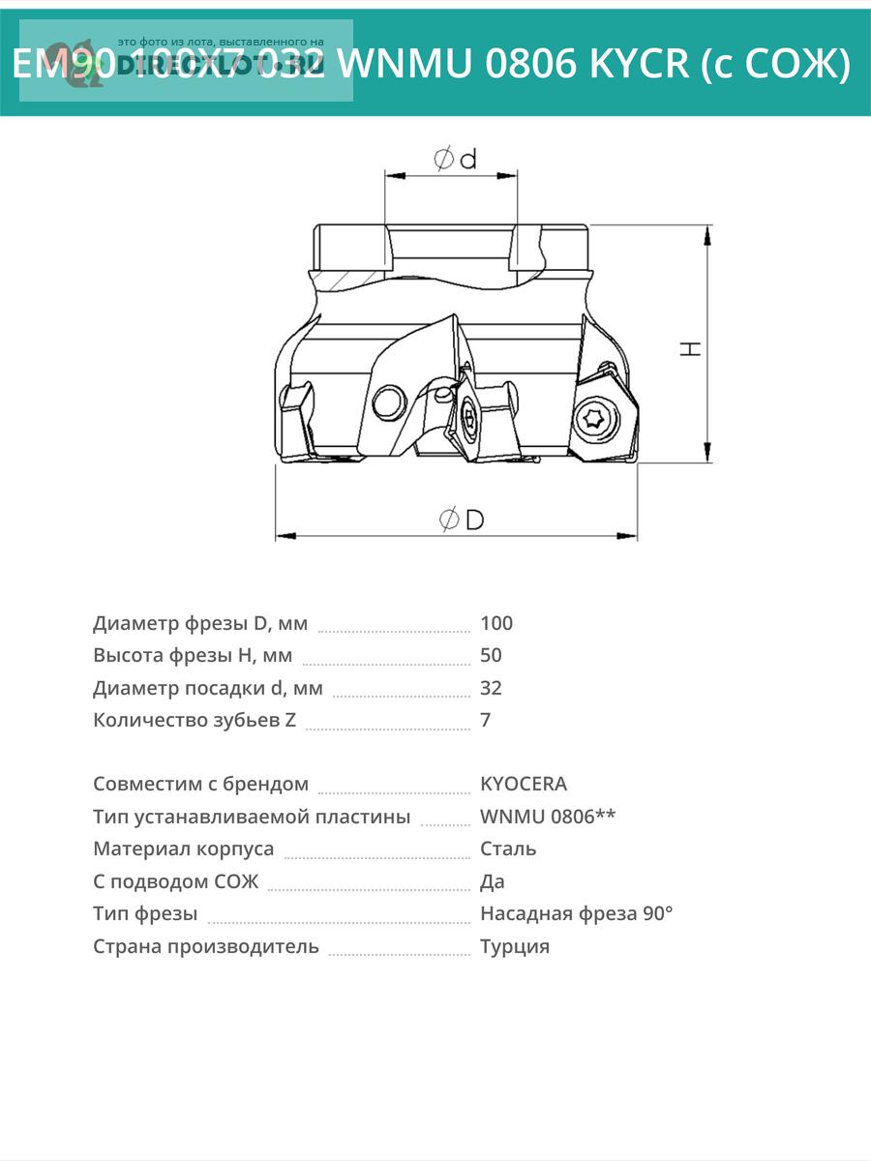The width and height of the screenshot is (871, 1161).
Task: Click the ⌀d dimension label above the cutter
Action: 455,159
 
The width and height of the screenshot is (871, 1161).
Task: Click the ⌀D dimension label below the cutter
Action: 462,520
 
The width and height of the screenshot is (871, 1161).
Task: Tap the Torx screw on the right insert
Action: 593,419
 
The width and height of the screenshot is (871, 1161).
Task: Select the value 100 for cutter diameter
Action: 496,623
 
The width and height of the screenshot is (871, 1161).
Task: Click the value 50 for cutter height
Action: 491,655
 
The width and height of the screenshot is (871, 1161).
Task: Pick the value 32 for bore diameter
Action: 491,688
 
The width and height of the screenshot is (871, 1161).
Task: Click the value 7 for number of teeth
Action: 485,720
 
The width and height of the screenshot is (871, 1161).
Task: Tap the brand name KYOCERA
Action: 524,784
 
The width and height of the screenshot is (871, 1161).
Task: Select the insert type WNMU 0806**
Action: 548,817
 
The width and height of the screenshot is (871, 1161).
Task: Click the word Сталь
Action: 508,848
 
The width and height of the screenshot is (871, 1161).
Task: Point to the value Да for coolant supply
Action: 493,881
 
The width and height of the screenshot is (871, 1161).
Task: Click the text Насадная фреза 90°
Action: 576,913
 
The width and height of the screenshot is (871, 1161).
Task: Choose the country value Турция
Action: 515,946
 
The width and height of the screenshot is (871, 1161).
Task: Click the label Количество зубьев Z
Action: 195,720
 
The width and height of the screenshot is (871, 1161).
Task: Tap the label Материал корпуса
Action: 184,848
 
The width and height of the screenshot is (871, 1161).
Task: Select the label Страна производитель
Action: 206,946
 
